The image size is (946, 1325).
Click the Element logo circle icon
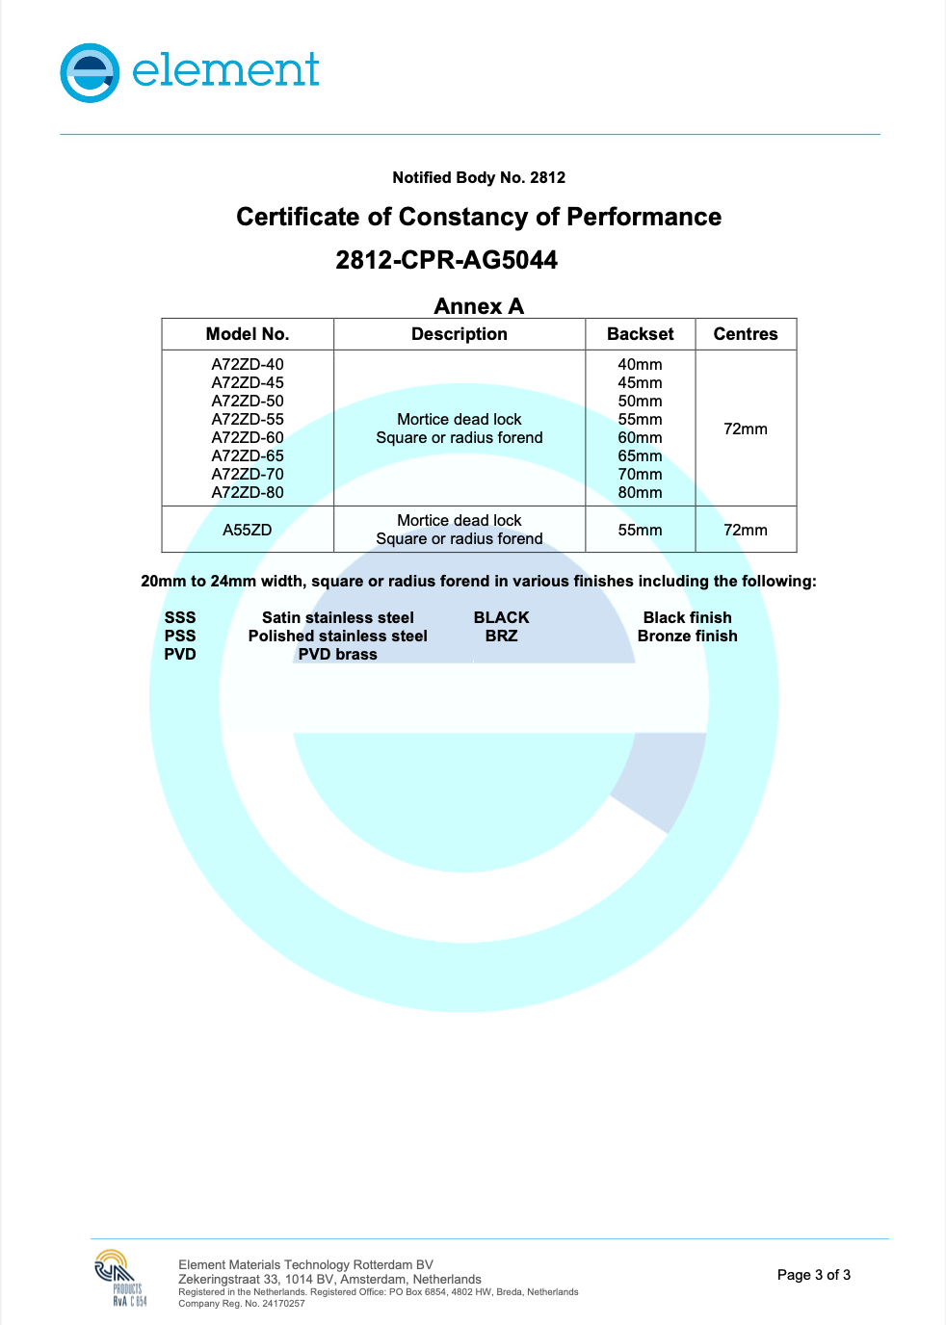(x=90, y=72)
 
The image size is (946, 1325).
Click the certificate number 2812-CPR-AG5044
(x=446, y=260)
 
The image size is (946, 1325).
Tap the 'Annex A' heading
(x=479, y=306)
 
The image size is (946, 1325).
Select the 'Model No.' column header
(x=248, y=334)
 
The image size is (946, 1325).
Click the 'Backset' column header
(x=640, y=334)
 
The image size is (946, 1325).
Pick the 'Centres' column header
(x=745, y=334)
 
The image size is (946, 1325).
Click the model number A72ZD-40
(x=248, y=364)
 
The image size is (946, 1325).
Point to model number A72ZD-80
(x=248, y=492)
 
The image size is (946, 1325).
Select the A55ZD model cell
(x=248, y=530)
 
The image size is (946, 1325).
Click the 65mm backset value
(x=640, y=455)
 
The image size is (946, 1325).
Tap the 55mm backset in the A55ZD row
(x=640, y=530)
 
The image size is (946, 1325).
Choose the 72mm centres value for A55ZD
(x=745, y=530)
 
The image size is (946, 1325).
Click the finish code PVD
(x=180, y=654)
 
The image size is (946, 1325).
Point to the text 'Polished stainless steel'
(x=337, y=636)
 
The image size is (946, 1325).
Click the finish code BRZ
(x=501, y=636)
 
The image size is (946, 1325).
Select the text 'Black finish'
(x=687, y=617)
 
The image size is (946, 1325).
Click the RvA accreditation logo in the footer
(x=120, y=1277)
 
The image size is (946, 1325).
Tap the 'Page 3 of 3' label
(x=813, y=1275)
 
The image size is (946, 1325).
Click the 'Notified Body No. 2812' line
(x=479, y=177)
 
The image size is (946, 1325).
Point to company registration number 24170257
(x=283, y=1304)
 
